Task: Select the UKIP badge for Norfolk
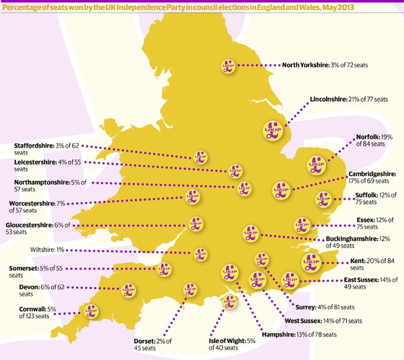[316, 162]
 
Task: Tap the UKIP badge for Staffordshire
[199, 156]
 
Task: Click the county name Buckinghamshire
[354, 239]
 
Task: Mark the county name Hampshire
[277, 334]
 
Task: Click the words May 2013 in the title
[380, 7]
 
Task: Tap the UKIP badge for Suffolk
[323, 198]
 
